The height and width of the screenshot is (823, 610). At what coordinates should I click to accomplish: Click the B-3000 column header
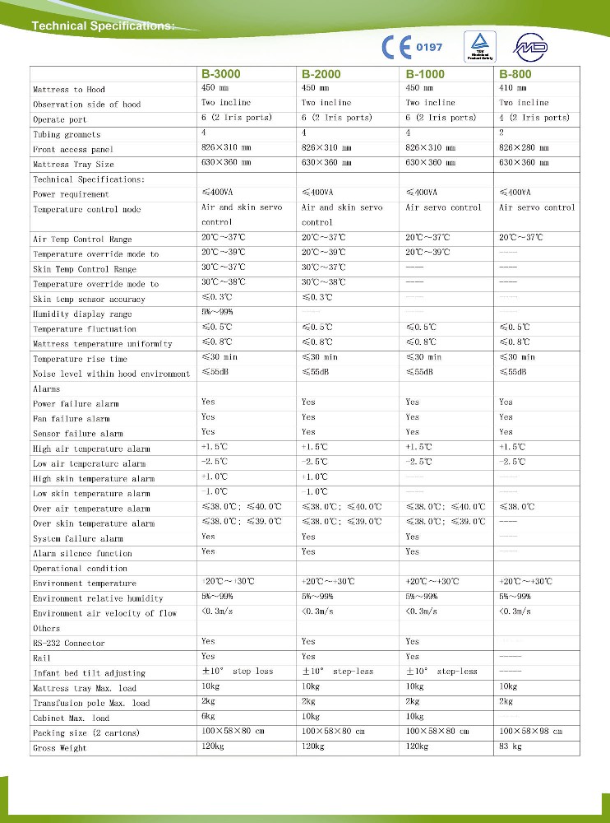tap(222, 74)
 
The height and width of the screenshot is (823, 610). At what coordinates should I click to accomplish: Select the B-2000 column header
tap(321, 74)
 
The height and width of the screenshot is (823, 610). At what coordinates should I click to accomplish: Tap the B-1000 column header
tap(425, 74)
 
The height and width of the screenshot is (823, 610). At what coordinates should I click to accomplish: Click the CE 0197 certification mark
tap(413, 47)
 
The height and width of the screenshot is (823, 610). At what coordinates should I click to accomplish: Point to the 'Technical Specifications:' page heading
tap(103, 26)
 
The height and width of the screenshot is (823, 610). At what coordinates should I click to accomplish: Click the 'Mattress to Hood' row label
tap(69, 90)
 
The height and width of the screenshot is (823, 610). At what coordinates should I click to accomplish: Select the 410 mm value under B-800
tap(515, 87)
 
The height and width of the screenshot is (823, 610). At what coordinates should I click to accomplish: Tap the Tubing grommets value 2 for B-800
tap(502, 133)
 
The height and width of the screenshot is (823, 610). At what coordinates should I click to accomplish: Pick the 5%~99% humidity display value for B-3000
tap(218, 313)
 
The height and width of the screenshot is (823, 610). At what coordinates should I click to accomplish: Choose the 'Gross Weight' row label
tap(60, 749)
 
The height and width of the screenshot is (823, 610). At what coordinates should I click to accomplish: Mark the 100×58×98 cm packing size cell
tap(530, 732)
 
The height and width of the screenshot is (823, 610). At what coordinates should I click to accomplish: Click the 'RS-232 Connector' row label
tap(69, 644)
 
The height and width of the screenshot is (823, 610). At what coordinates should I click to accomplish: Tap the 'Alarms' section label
tap(46, 389)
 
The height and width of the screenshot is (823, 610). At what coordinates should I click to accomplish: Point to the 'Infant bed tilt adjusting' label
tap(89, 673)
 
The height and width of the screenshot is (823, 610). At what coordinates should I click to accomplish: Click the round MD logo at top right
tap(529, 48)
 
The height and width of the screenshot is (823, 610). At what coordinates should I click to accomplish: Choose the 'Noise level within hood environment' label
tap(111, 374)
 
